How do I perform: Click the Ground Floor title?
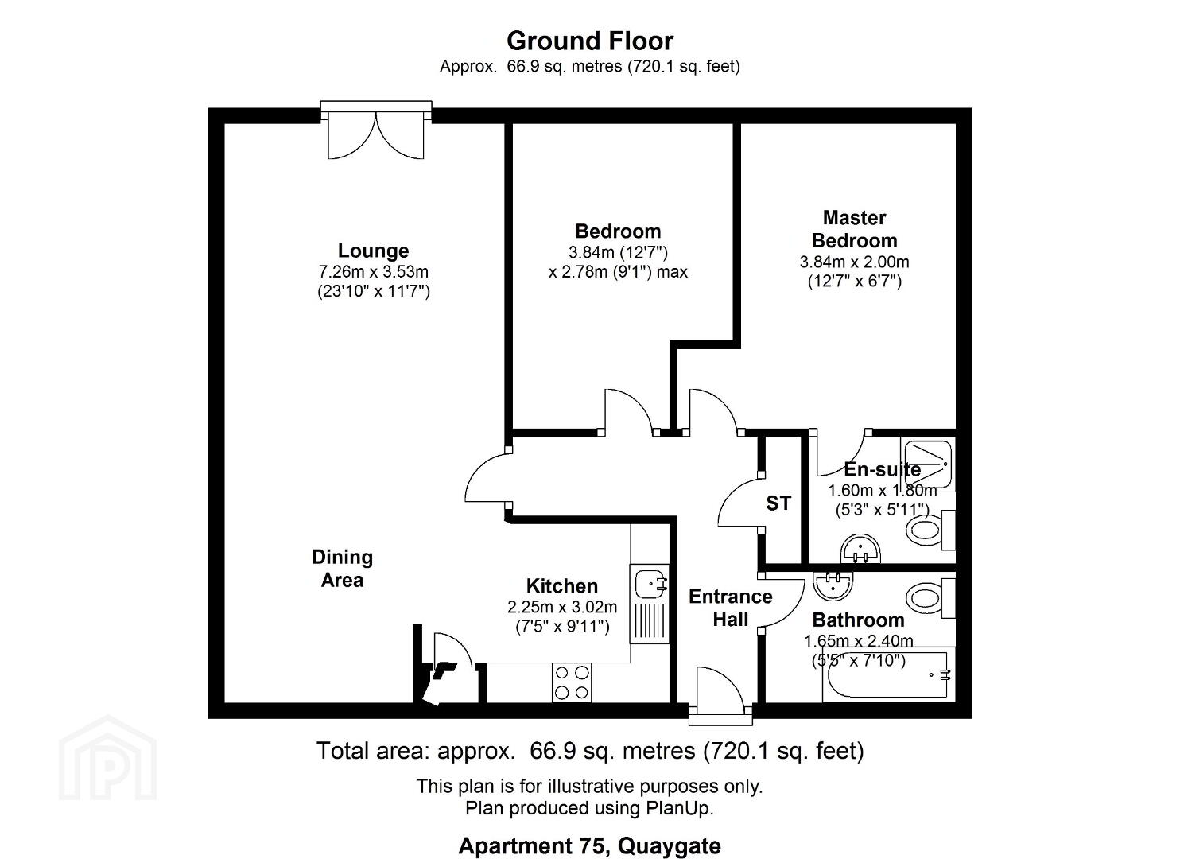tap(590, 41)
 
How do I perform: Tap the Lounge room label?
tap(373, 251)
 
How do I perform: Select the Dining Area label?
tap(343, 568)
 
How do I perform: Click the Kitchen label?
tap(562, 585)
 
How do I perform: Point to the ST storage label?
tap(778, 503)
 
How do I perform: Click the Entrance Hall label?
tap(731, 608)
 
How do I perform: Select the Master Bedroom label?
tap(855, 229)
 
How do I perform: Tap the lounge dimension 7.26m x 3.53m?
tap(374, 272)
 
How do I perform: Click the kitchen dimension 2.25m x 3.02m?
tap(562, 607)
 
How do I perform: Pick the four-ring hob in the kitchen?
tap(572, 682)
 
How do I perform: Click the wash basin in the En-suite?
tap(861, 549)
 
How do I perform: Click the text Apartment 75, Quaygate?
tap(589, 845)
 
